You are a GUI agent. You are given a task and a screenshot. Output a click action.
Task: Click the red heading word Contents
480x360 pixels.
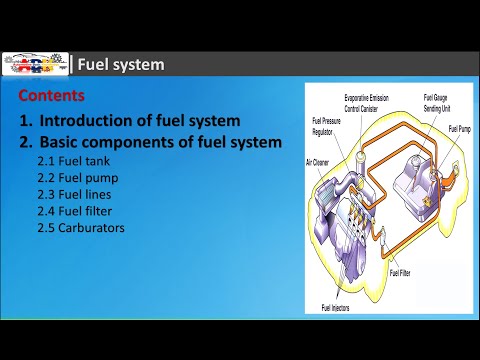pyautogui.click(x=51, y=98)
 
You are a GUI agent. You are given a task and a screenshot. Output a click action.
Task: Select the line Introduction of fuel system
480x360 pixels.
pyautogui.click(x=140, y=121)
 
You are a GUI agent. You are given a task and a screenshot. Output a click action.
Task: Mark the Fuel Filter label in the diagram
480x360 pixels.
pyautogui.click(x=399, y=272)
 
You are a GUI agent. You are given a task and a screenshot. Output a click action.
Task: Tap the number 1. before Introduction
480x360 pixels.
pyautogui.click(x=25, y=121)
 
